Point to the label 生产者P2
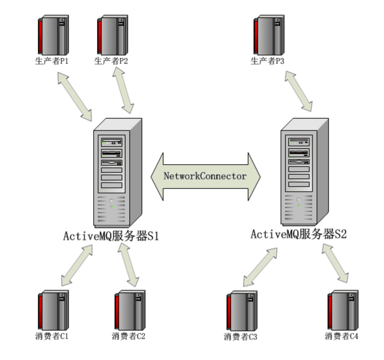coord(111,61)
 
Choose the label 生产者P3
coord(267,61)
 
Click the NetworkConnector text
coord(205,176)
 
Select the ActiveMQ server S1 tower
coord(118,174)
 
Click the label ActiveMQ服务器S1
coord(111,236)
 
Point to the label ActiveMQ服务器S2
coord(299,235)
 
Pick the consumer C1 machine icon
coord(54,310)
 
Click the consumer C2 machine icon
coord(130,310)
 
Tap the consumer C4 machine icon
coord(343,310)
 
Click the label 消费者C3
coord(240,337)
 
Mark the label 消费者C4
coord(342,336)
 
